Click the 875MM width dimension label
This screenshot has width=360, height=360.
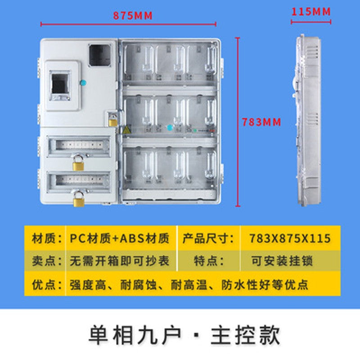[x=133, y=16]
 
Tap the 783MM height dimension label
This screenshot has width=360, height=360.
[x=261, y=122]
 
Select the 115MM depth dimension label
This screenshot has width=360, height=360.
[x=311, y=11]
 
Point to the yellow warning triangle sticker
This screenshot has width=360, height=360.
[x=126, y=130]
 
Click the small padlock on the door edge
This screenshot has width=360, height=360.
[x=112, y=120]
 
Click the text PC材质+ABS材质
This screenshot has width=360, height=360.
[x=119, y=238]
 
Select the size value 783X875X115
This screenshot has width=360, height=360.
[x=290, y=238]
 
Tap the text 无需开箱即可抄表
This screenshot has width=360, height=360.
[x=119, y=261]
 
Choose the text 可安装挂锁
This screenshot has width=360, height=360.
[x=283, y=261]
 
